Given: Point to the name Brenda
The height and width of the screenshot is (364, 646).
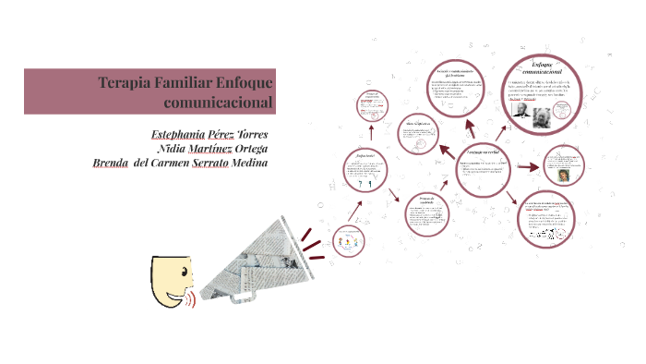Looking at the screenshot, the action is pyautogui.click(x=112, y=164).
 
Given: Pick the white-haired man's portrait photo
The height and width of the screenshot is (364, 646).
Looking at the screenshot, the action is pyautogui.click(x=542, y=116).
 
